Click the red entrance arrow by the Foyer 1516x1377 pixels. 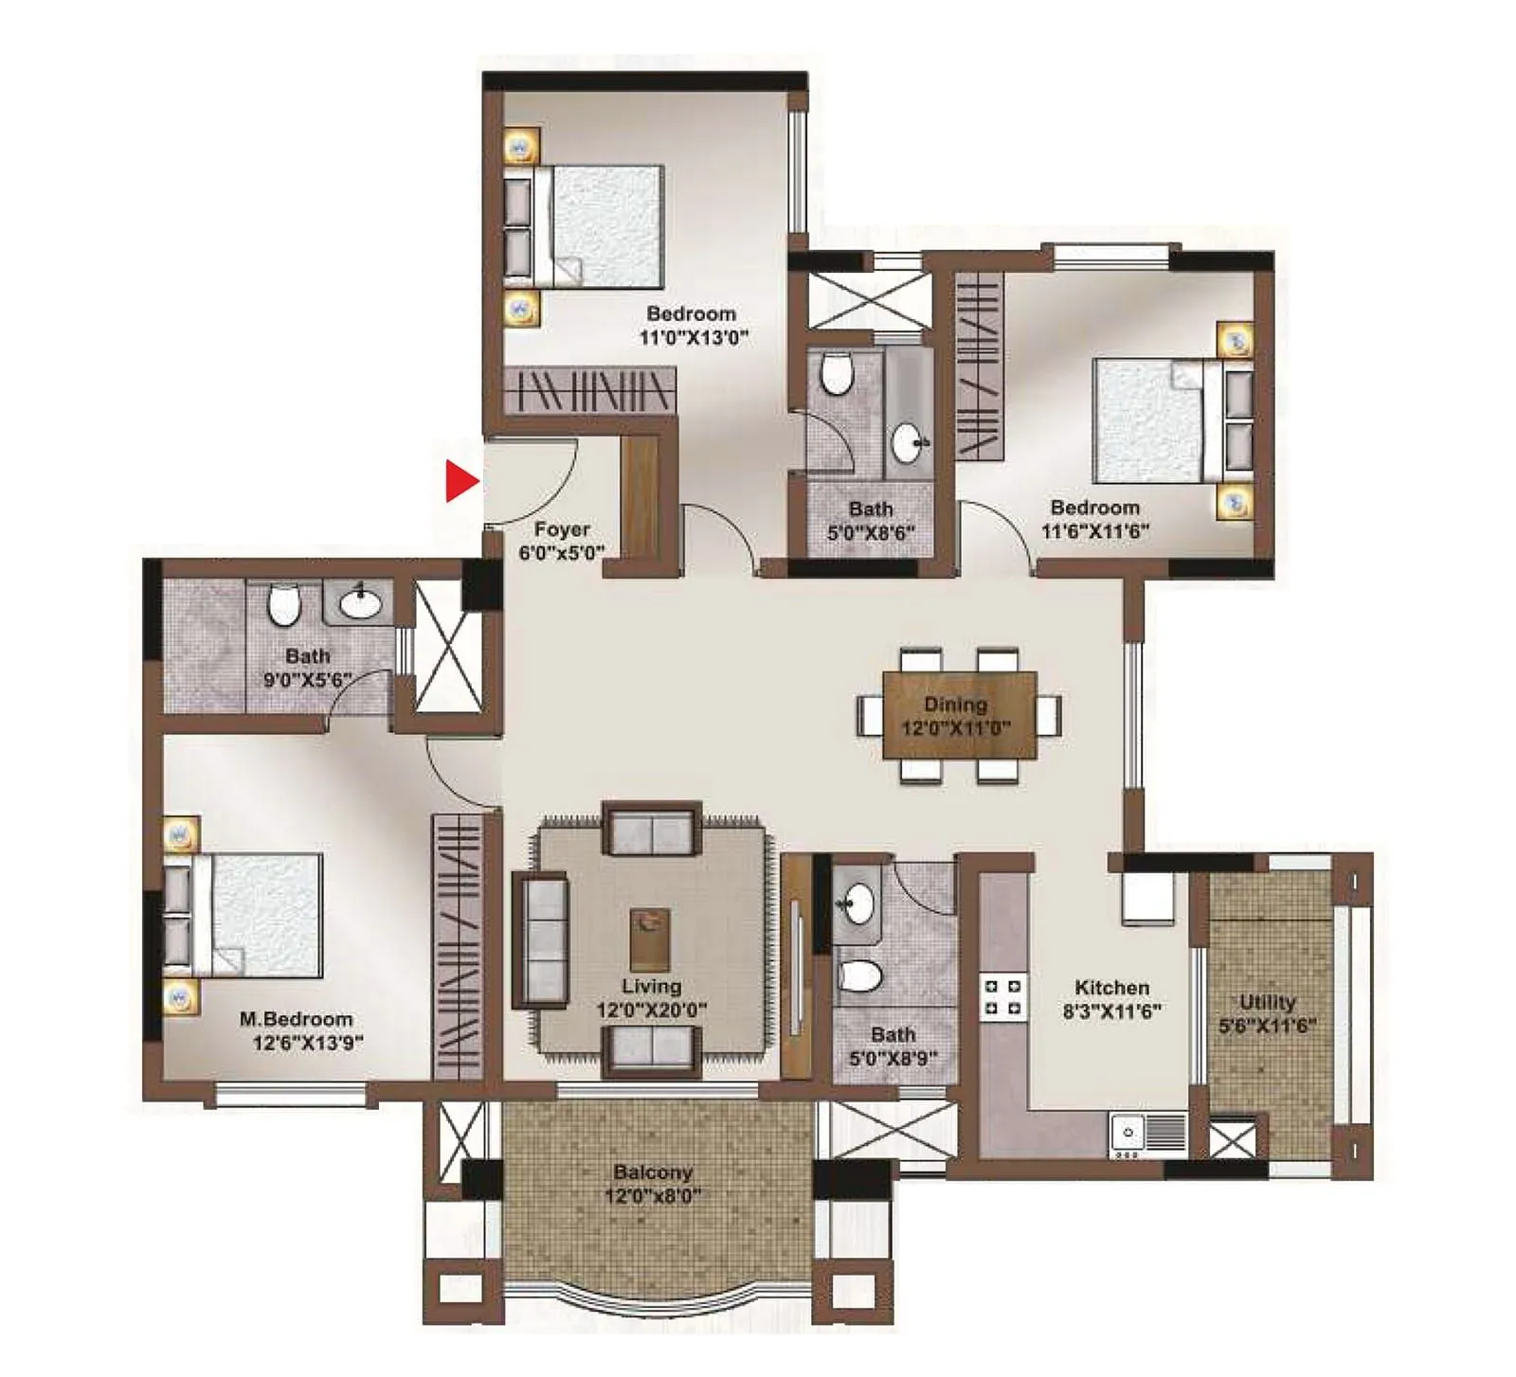point(460,481)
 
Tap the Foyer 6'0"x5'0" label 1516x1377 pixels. point(561,541)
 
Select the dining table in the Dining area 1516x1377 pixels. point(959,715)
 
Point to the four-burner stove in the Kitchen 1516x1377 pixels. point(1003,997)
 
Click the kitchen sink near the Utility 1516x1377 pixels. point(1148,1133)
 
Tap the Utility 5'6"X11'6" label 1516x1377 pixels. point(1267,1013)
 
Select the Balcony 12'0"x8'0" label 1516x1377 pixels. point(653,1184)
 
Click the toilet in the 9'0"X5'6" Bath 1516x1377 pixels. point(283,605)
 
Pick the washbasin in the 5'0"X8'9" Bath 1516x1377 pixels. point(858,903)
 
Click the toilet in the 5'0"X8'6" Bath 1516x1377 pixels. point(836,373)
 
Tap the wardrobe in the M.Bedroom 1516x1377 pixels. point(458,947)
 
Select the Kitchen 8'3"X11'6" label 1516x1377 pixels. point(1111,999)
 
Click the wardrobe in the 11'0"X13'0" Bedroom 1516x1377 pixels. point(587,390)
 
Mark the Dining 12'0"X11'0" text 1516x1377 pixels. point(955,716)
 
